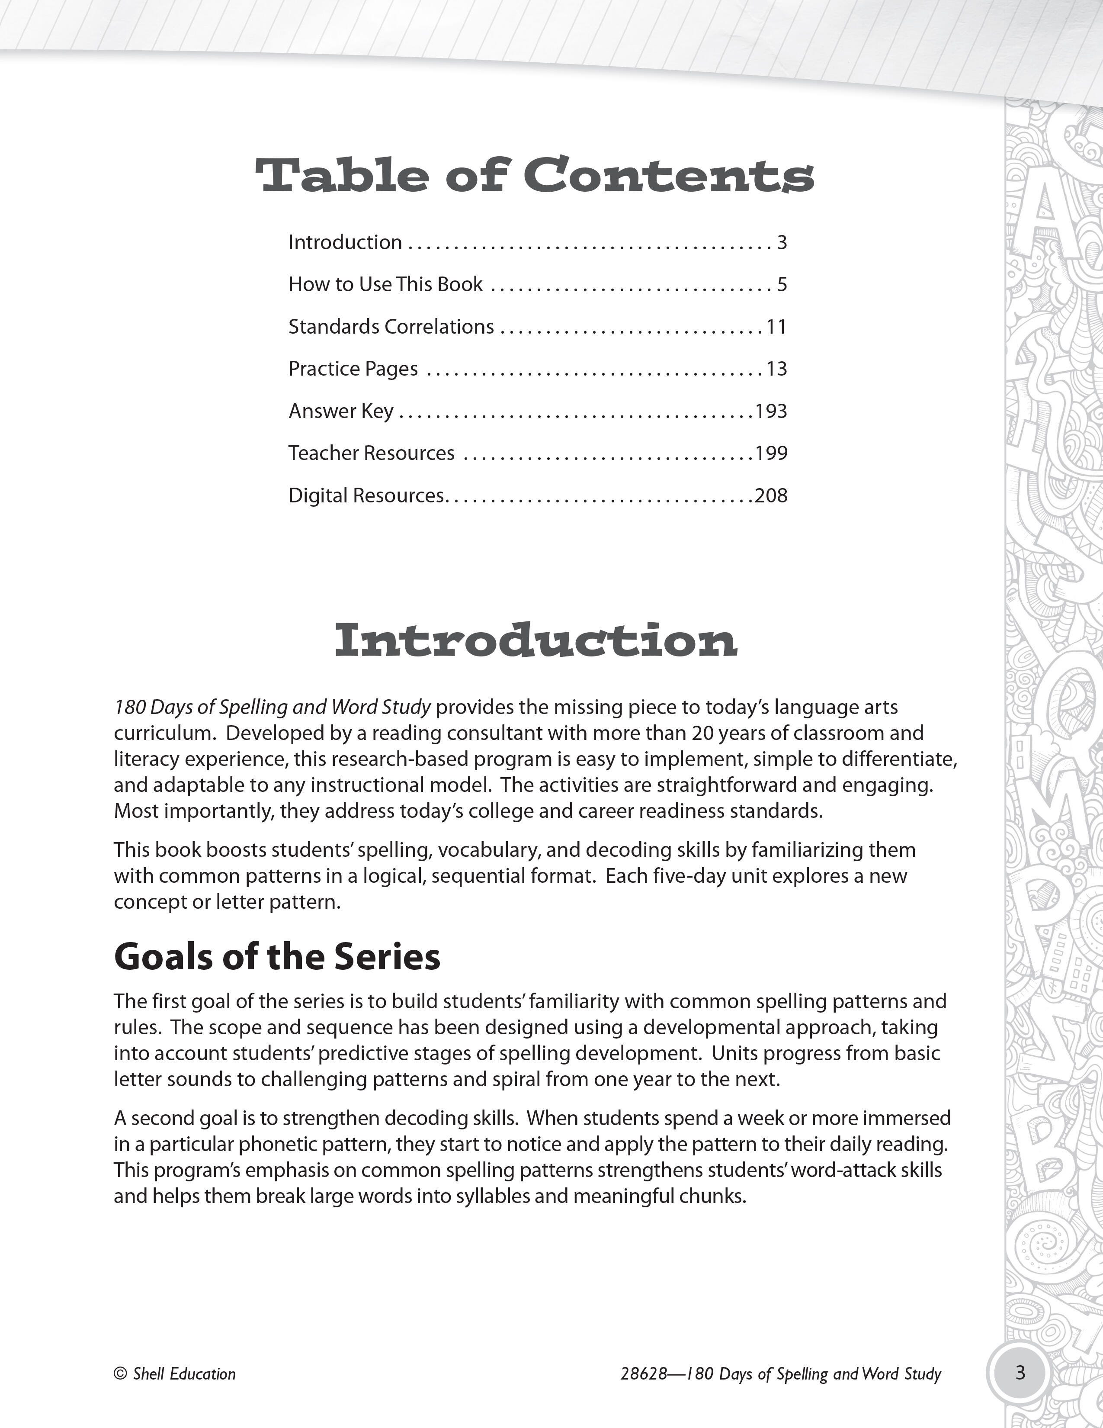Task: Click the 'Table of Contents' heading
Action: click(535, 176)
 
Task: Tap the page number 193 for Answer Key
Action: click(771, 411)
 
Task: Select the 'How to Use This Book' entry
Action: click(385, 284)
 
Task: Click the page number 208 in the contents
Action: click(771, 495)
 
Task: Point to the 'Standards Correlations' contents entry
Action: click(391, 326)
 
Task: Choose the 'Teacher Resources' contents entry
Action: click(371, 453)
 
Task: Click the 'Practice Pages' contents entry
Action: click(353, 369)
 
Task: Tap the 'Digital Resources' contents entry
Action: click(366, 495)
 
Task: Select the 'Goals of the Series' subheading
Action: click(277, 957)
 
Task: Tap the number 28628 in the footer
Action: click(644, 1374)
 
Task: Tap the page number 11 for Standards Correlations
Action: click(776, 326)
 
